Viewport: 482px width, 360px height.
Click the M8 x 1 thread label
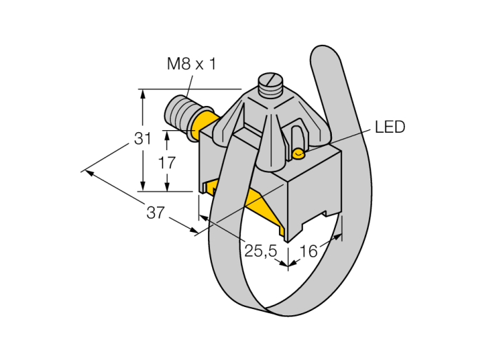click(x=191, y=64)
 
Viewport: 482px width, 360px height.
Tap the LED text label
click(x=390, y=127)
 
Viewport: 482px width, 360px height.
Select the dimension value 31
click(x=143, y=138)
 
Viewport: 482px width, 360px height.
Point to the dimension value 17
click(x=167, y=163)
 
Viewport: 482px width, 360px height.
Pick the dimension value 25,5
click(x=261, y=252)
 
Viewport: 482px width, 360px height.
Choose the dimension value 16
click(x=310, y=251)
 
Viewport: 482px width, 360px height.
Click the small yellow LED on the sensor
click(x=298, y=153)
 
